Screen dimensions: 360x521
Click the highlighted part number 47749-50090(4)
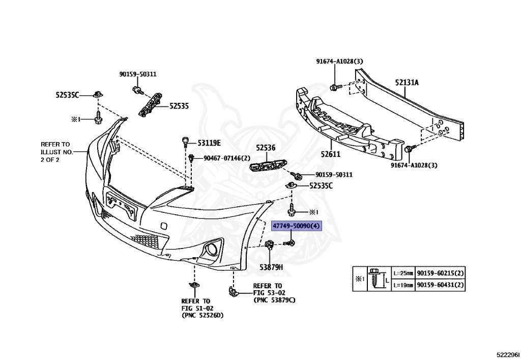297,226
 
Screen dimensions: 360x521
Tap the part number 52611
330,154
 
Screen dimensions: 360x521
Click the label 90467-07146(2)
227,158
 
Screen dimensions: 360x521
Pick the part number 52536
265,148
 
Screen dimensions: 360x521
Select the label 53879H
271,267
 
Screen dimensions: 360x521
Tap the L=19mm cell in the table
403,285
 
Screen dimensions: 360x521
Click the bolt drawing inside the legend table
376,279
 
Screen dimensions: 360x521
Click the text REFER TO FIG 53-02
268,289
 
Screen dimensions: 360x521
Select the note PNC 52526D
202,316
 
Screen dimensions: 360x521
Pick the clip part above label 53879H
269,246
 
